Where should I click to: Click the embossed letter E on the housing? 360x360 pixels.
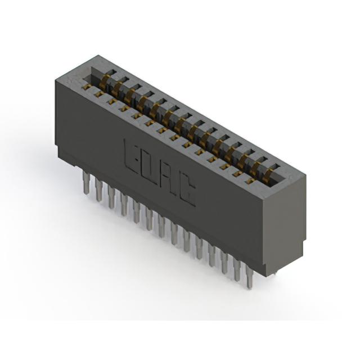[x=130, y=155]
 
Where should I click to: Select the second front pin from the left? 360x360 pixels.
[x=99, y=190]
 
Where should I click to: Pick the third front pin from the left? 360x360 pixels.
[x=111, y=197]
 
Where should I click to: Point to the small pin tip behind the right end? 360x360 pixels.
[x=275, y=272]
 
